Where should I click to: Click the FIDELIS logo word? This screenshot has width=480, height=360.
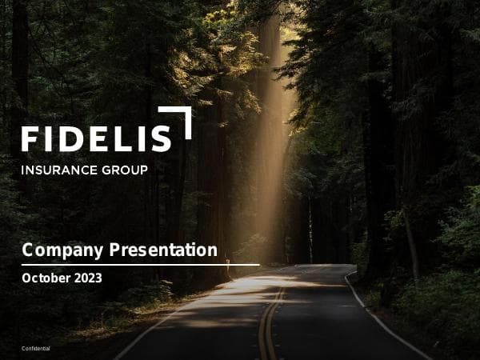tap(96, 138)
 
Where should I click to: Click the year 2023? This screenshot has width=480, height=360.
tap(87, 278)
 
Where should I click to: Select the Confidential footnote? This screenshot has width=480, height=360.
tap(35, 349)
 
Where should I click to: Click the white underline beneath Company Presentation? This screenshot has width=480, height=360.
tap(140, 264)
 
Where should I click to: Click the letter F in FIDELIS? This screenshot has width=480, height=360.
tap(29, 138)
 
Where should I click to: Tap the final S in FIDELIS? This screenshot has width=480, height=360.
tap(160, 138)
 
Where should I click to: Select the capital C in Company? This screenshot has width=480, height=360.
tap(28, 250)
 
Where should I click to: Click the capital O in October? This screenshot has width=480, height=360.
tap(27, 278)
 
